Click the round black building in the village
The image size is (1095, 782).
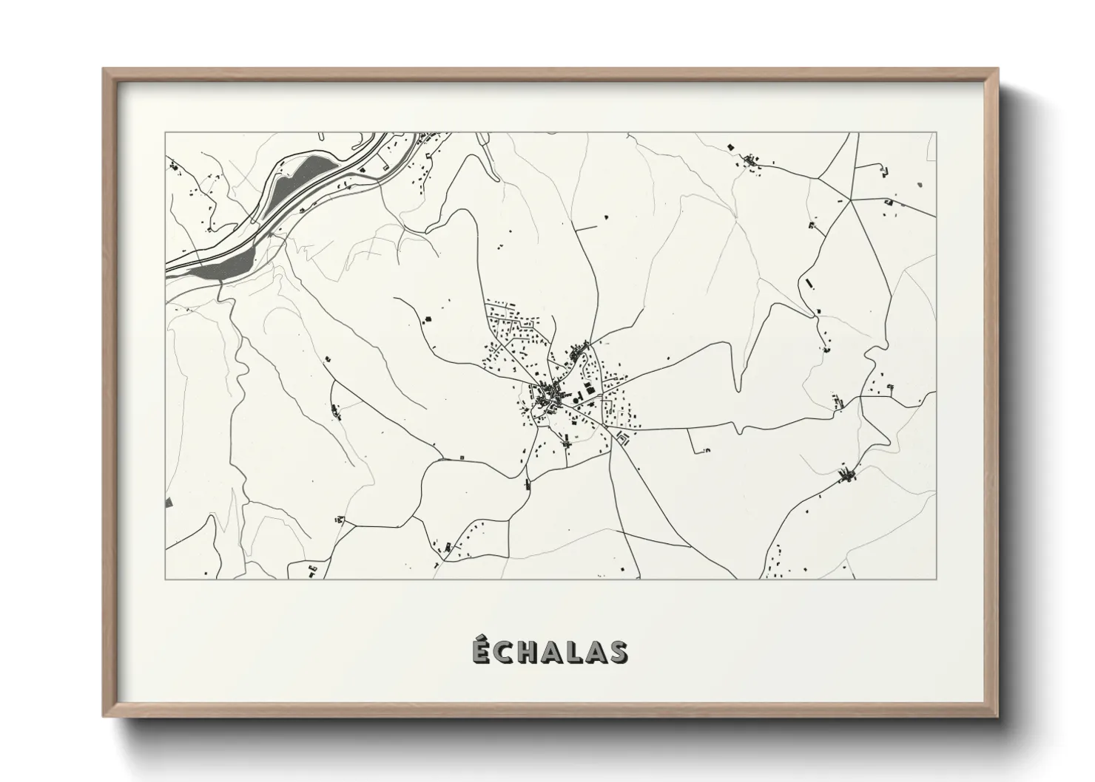pyautogui.click(x=575, y=400)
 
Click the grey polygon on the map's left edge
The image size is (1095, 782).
pyautogui.click(x=169, y=503)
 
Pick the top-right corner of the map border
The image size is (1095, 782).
pyautogui.click(x=935, y=133)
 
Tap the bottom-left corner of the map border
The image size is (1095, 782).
pyautogui.click(x=166, y=579)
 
